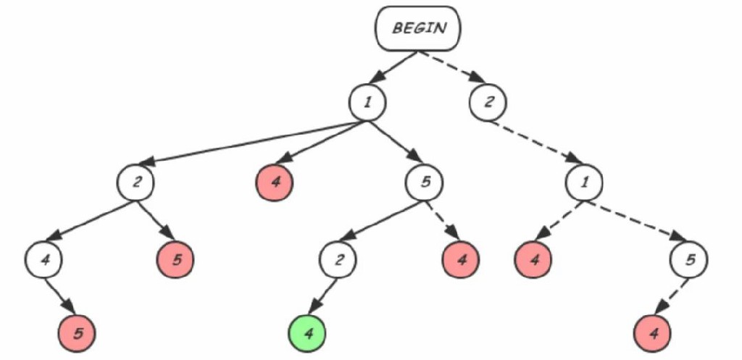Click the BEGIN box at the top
point(418,30)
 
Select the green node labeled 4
point(308,334)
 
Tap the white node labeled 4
point(45,259)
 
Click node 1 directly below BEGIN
point(367,102)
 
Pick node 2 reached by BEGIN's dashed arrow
point(488,102)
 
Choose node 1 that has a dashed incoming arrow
point(584,182)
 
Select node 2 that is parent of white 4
point(136,183)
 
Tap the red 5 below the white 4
point(77,334)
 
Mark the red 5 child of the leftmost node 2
point(176,259)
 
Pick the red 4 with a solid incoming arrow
point(274,182)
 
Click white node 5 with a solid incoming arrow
point(425,182)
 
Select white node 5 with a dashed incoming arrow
point(688,259)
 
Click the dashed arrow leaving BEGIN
point(446,67)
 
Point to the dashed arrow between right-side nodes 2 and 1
point(536,143)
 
